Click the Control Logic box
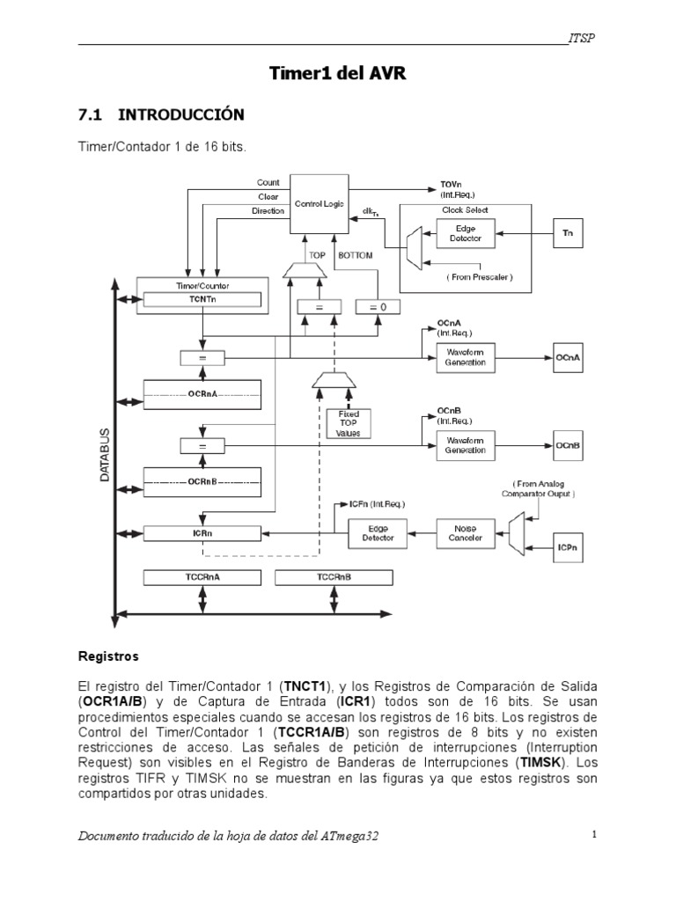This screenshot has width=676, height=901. pyautogui.click(x=319, y=204)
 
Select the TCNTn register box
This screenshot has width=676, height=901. pyautogui.click(x=202, y=299)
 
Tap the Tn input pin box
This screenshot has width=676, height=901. pyautogui.click(x=568, y=232)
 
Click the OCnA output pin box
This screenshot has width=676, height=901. pyautogui.click(x=568, y=357)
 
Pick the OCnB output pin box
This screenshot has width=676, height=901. pyautogui.click(x=568, y=445)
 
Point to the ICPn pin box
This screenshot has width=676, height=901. pyautogui.click(x=568, y=547)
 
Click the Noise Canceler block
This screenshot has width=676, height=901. pyautogui.click(x=466, y=533)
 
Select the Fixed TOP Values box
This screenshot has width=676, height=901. pyautogui.click(x=349, y=423)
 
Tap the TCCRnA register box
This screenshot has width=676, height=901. pyautogui.click(x=202, y=577)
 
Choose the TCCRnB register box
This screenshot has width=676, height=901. pyautogui.click(x=334, y=577)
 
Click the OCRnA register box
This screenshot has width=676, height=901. pyautogui.click(x=202, y=394)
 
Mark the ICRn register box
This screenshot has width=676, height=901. pyautogui.click(x=202, y=533)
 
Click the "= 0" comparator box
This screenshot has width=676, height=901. pyautogui.click(x=378, y=307)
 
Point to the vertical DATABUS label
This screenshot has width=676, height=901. pyautogui.click(x=105, y=455)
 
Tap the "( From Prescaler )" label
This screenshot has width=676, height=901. pyautogui.click(x=480, y=277)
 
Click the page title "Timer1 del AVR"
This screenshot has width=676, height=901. pyautogui.click(x=338, y=73)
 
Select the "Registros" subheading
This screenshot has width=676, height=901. pyautogui.click(x=108, y=656)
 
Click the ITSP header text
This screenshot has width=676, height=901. pyautogui.click(x=582, y=38)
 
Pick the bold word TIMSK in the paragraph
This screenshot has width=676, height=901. pyautogui.click(x=540, y=763)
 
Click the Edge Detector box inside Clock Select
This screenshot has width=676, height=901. pyautogui.click(x=466, y=233)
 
